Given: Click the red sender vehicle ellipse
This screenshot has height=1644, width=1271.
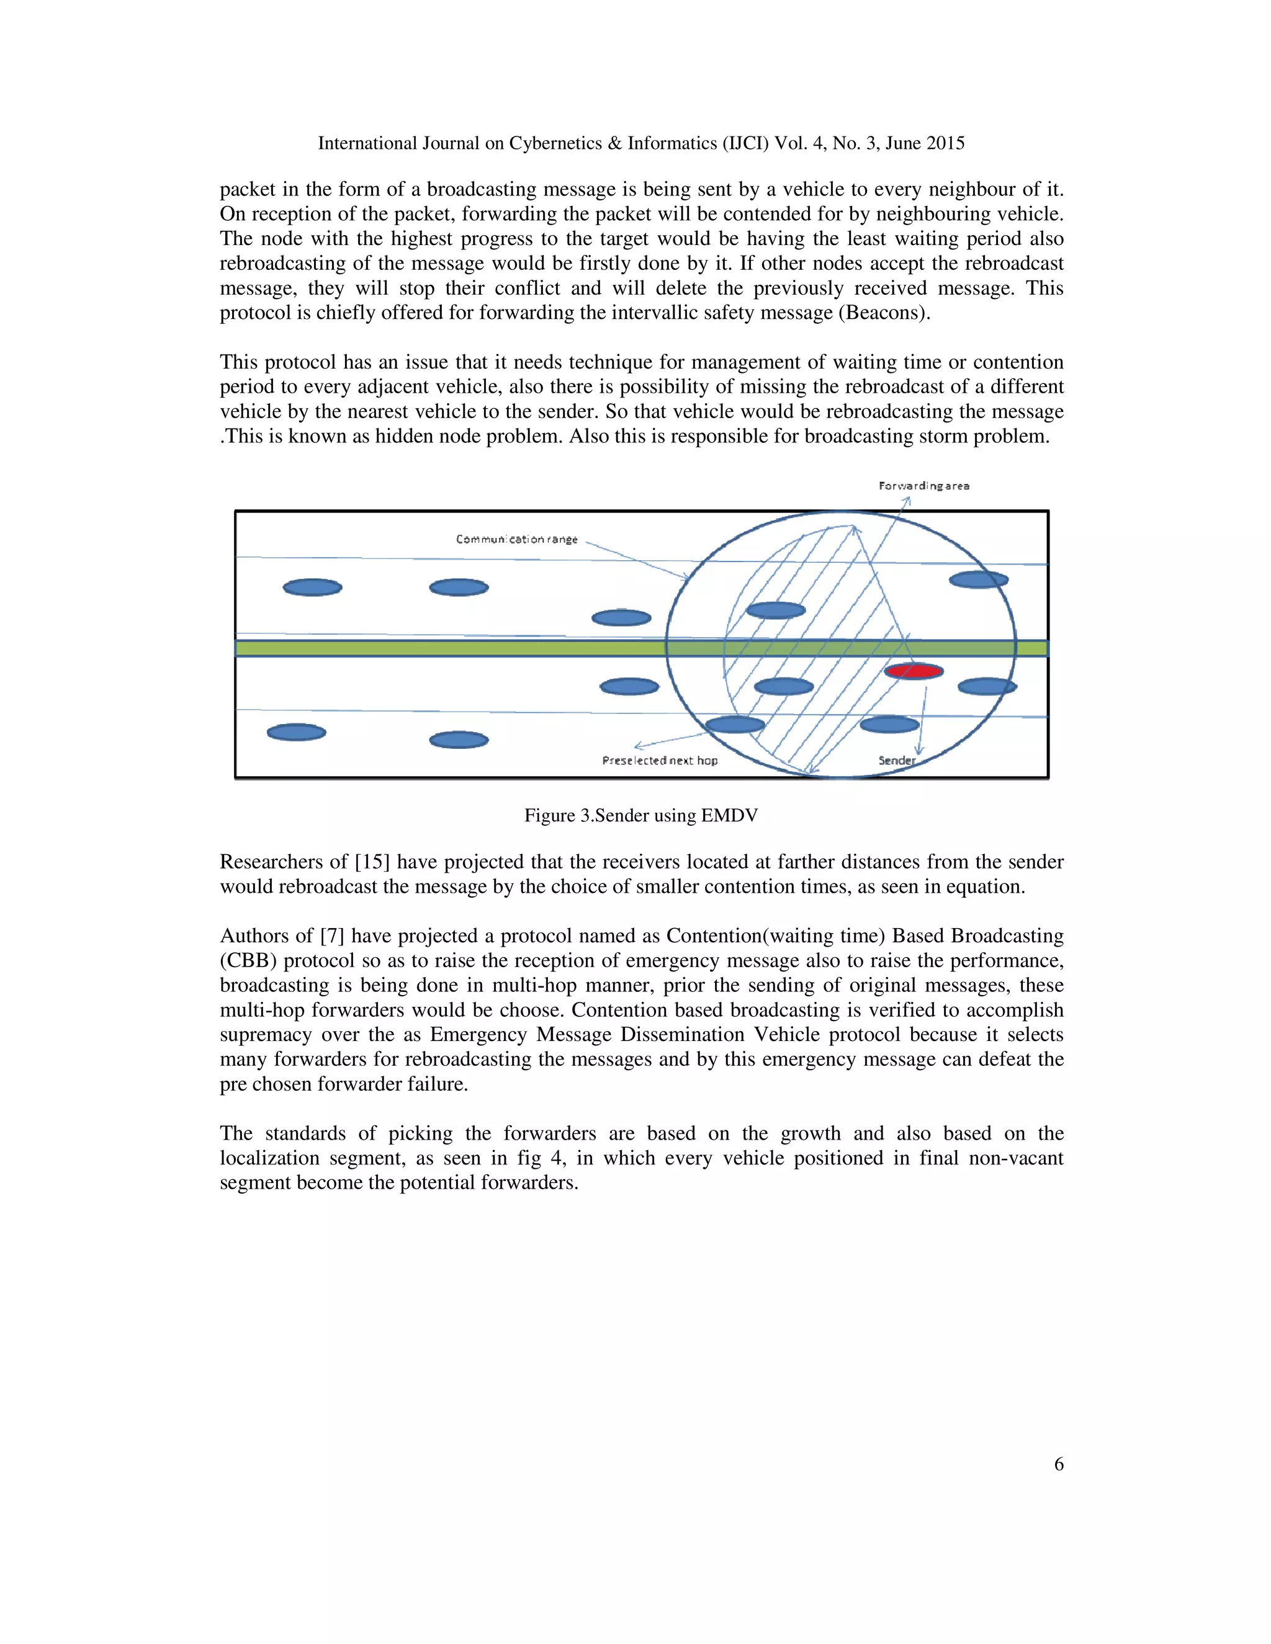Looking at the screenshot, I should point(914,671).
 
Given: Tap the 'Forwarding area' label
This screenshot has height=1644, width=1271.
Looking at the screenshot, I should point(924,486).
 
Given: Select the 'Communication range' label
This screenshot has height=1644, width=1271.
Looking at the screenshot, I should point(516,540).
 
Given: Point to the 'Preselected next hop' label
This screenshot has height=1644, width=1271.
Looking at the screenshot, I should point(660,761).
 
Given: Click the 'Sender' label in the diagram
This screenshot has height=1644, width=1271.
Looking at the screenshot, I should point(896,761).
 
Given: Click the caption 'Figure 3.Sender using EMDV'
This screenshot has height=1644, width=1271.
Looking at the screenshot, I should point(640,815).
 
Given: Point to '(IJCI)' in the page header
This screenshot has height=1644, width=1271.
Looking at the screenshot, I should point(745,143).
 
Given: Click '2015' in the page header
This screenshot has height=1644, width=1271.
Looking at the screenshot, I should point(945,143).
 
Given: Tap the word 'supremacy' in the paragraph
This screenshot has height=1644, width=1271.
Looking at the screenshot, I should point(265,1035).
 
